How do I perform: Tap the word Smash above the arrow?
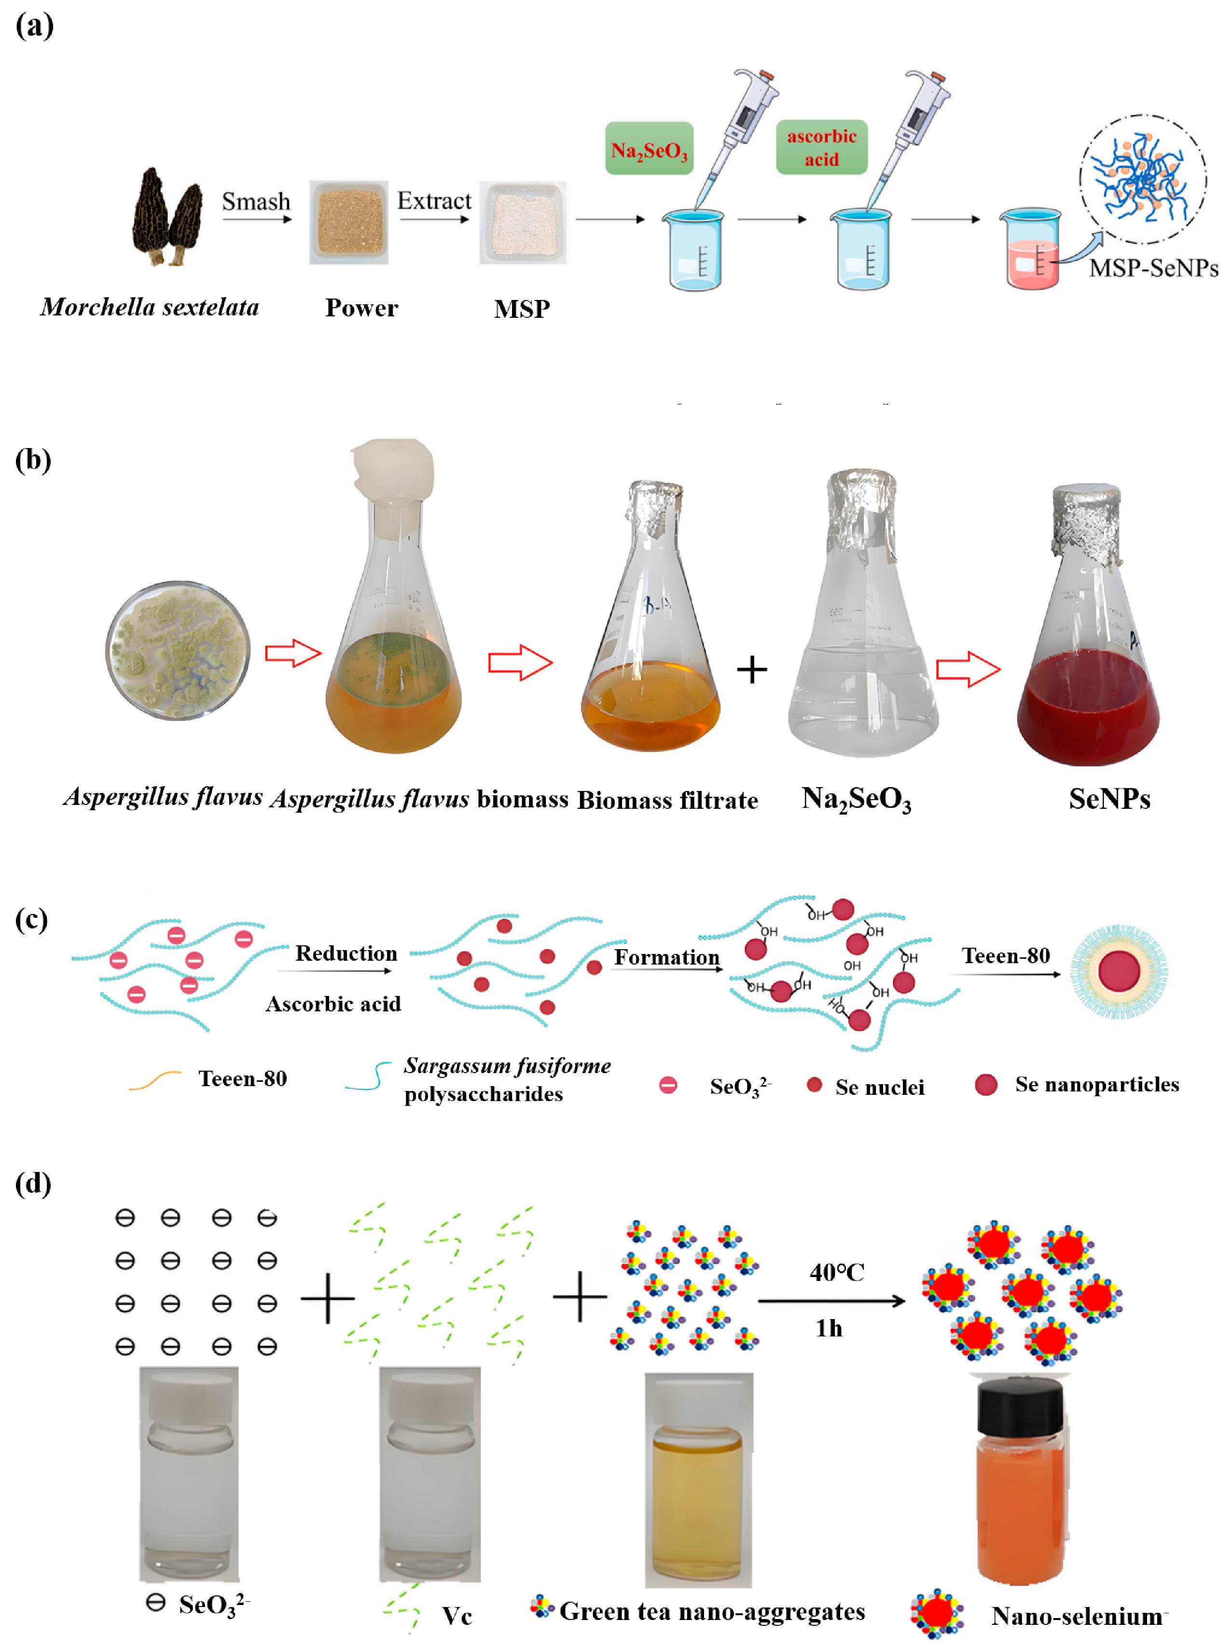256,201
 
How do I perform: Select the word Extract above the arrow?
434,201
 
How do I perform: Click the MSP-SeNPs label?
1153,268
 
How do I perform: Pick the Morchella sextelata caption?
150,307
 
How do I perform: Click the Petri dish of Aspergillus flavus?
178,651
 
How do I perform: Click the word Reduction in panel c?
346,953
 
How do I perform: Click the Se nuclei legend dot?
814,1085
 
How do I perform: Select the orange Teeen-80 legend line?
155,1080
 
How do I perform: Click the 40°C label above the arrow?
836,1272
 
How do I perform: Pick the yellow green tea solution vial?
698,1483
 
